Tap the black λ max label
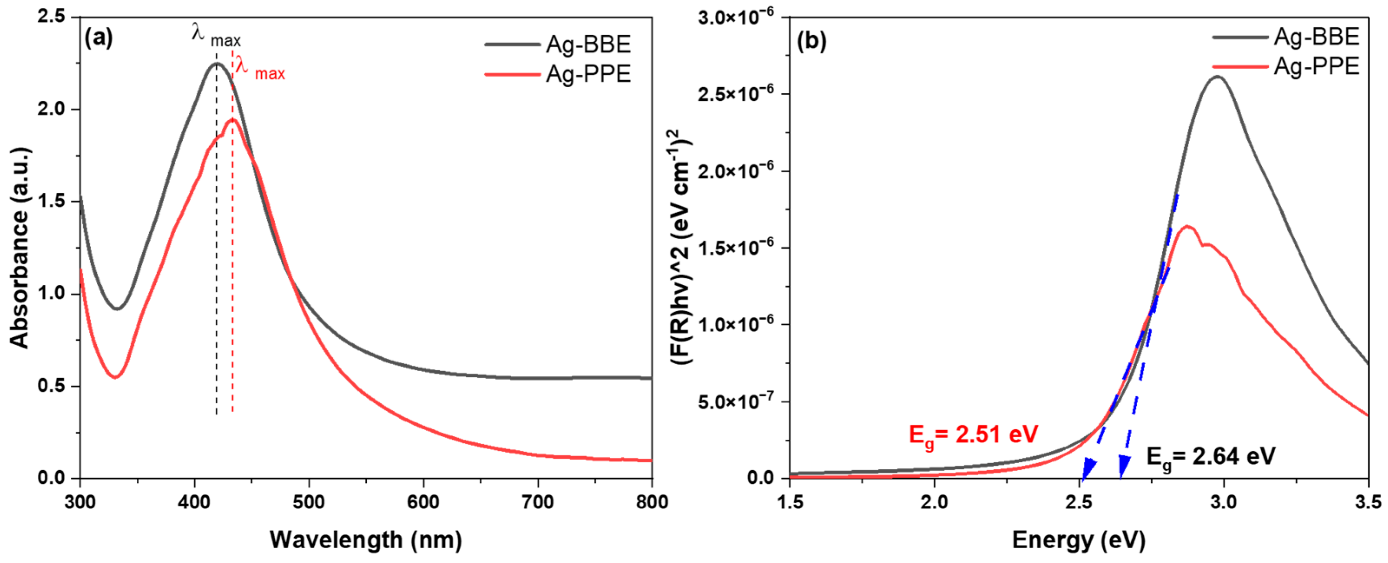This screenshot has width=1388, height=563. pyautogui.click(x=216, y=36)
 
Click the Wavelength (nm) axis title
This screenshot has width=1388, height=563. pyautogui.click(x=366, y=540)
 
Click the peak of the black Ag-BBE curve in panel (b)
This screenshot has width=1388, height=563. pyautogui.click(x=1217, y=76)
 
